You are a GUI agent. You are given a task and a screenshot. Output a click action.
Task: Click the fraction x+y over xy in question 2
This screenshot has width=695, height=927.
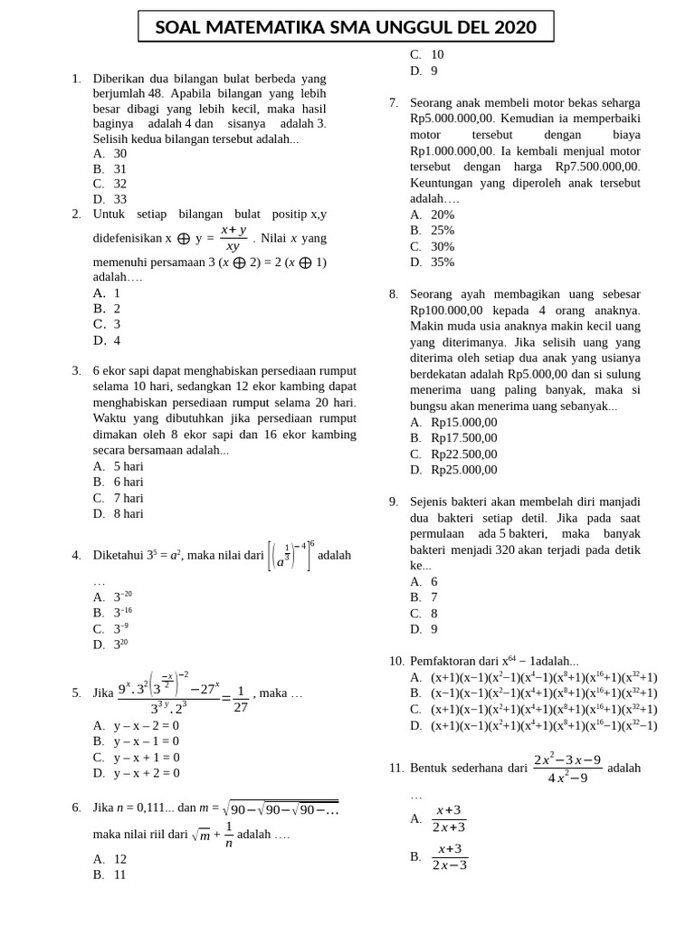click(x=233, y=238)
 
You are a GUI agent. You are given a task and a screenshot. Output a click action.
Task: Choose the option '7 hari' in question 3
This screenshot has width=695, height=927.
click(x=129, y=498)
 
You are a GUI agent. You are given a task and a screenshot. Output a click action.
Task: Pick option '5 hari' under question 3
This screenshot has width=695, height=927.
click(x=129, y=466)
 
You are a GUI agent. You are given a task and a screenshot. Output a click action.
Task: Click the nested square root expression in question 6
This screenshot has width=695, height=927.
click(x=281, y=808)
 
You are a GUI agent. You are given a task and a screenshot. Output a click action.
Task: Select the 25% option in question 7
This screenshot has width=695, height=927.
click(x=443, y=230)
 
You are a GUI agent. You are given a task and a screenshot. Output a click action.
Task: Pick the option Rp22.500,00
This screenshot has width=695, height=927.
click(x=463, y=454)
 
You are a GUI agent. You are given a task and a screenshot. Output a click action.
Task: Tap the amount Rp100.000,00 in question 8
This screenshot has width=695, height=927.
click(x=450, y=311)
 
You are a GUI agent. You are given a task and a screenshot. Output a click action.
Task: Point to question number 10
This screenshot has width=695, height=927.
click(x=396, y=661)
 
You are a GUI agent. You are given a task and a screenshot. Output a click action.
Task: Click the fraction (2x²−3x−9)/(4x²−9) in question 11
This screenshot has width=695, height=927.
click(x=566, y=768)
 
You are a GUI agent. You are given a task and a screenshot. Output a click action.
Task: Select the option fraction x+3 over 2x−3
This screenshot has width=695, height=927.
click(x=450, y=856)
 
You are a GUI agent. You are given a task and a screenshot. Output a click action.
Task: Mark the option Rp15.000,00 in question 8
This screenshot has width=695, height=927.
click(x=463, y=422)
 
